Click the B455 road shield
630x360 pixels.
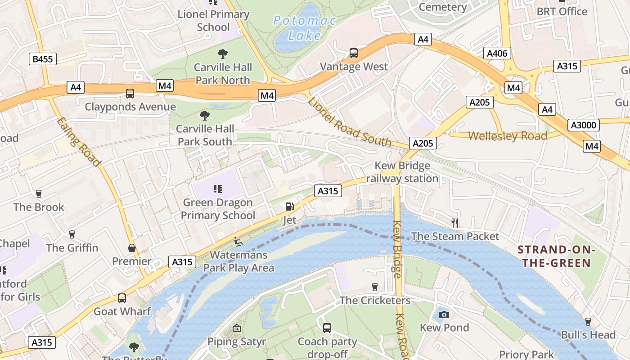tap(44, 58)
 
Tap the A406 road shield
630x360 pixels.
tap(497, 54)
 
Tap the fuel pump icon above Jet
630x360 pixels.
tap(289, 207)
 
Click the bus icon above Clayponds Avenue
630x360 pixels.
tap(130, 94)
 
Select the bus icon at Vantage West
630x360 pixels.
tap(354, 53)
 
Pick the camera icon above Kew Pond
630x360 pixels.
tap(444, 314)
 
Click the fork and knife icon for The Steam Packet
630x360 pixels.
tap(455, 223)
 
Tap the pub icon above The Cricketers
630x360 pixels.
tap(374, 287)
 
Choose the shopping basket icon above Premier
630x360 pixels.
tap(132, 248)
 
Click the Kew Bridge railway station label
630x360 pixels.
tap(402, 172)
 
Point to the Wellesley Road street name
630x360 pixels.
tap(508, 136)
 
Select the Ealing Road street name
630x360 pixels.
tap(79, 142)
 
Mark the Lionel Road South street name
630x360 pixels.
tap(350, 121)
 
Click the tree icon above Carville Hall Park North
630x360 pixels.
tap(222, 54)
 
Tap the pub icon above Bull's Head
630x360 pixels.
tap(588, 321)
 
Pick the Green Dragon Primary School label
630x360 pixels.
tap(218, 209)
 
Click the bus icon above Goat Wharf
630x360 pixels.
tap(122, 298)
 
